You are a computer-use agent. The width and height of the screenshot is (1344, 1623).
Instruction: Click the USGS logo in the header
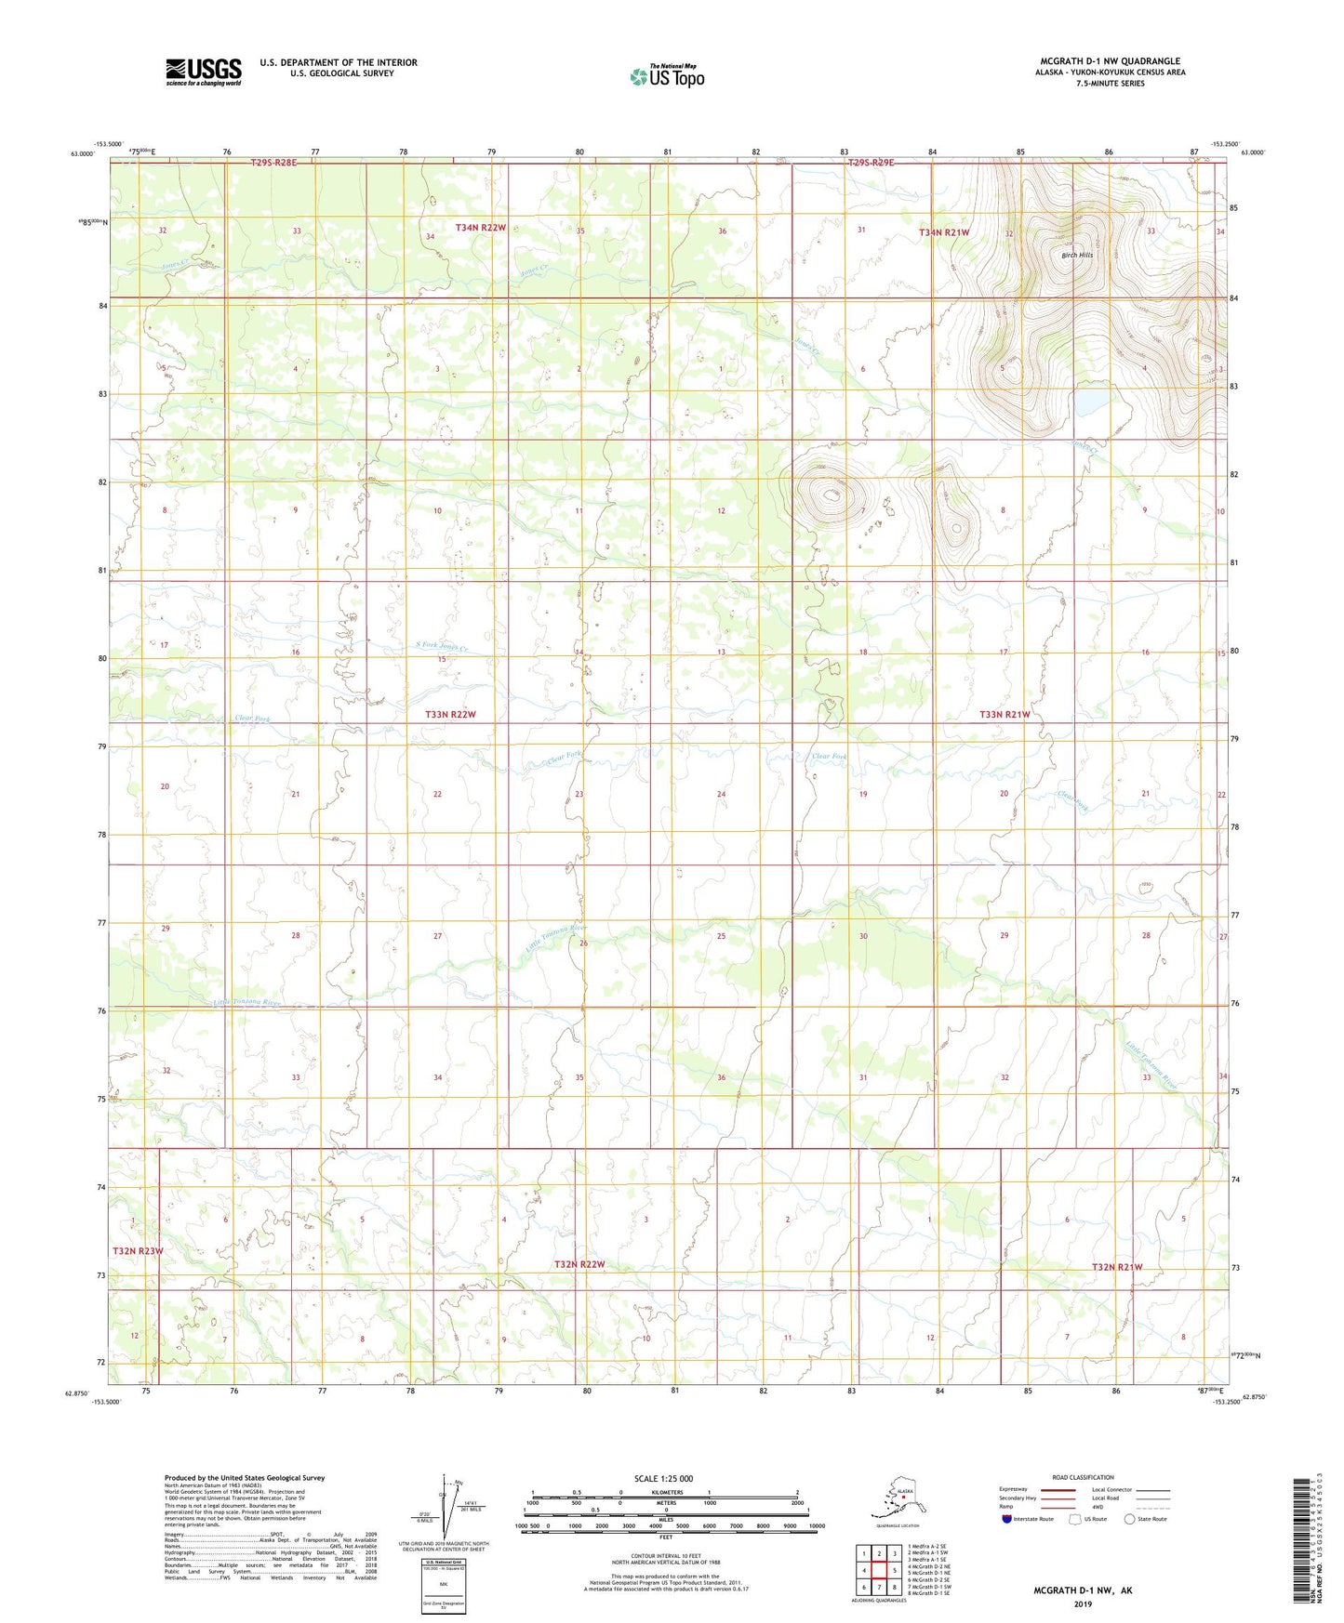point(203,72)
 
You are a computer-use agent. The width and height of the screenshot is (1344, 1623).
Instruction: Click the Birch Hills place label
point(1077,255)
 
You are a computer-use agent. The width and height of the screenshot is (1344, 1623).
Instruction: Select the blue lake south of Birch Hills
point(1091,402)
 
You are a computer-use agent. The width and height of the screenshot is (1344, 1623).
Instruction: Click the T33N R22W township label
point(450,714)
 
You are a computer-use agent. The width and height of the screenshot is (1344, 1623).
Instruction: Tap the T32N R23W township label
point(138,1250)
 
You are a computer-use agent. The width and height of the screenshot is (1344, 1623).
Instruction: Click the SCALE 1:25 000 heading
point(664,1479)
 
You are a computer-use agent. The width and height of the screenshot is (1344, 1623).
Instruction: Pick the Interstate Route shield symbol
point(1006,1519)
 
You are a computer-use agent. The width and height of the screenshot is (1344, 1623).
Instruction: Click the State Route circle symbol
point(1129,1519)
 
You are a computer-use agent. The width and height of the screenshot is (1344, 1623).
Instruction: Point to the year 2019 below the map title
point(1082,1604)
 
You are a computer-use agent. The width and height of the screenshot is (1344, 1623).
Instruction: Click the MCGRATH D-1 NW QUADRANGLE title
point(1110,61)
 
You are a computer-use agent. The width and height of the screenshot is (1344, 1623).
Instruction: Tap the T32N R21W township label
point(1116,1267)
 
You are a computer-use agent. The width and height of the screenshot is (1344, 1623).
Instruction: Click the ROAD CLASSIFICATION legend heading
point(1083,1477)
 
